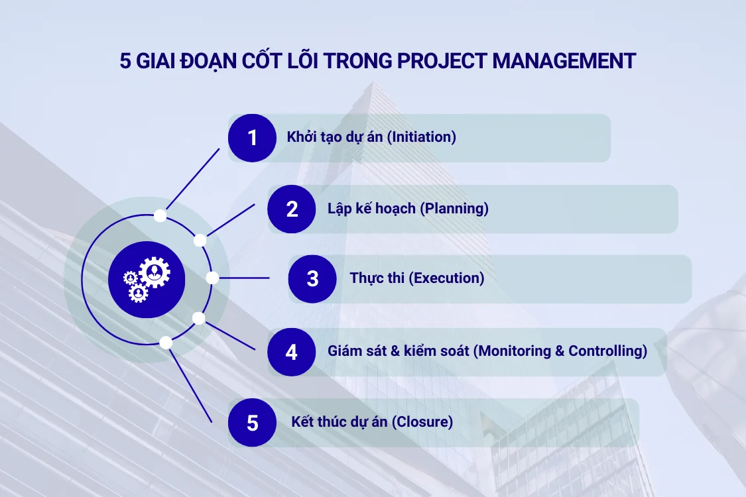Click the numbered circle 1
pos(252,138)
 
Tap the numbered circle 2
pos(292,209)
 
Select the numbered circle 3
pos(312,278)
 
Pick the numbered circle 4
pos(292,351)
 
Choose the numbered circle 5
pos(252,422)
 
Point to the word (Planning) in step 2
pos(456,209)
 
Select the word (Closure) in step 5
pos(422,422)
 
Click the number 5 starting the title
pos(125,61)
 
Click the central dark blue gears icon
pos(147,278)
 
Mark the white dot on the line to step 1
pos(160,215)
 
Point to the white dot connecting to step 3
pos(212,278)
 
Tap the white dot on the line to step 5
pos(166,343)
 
